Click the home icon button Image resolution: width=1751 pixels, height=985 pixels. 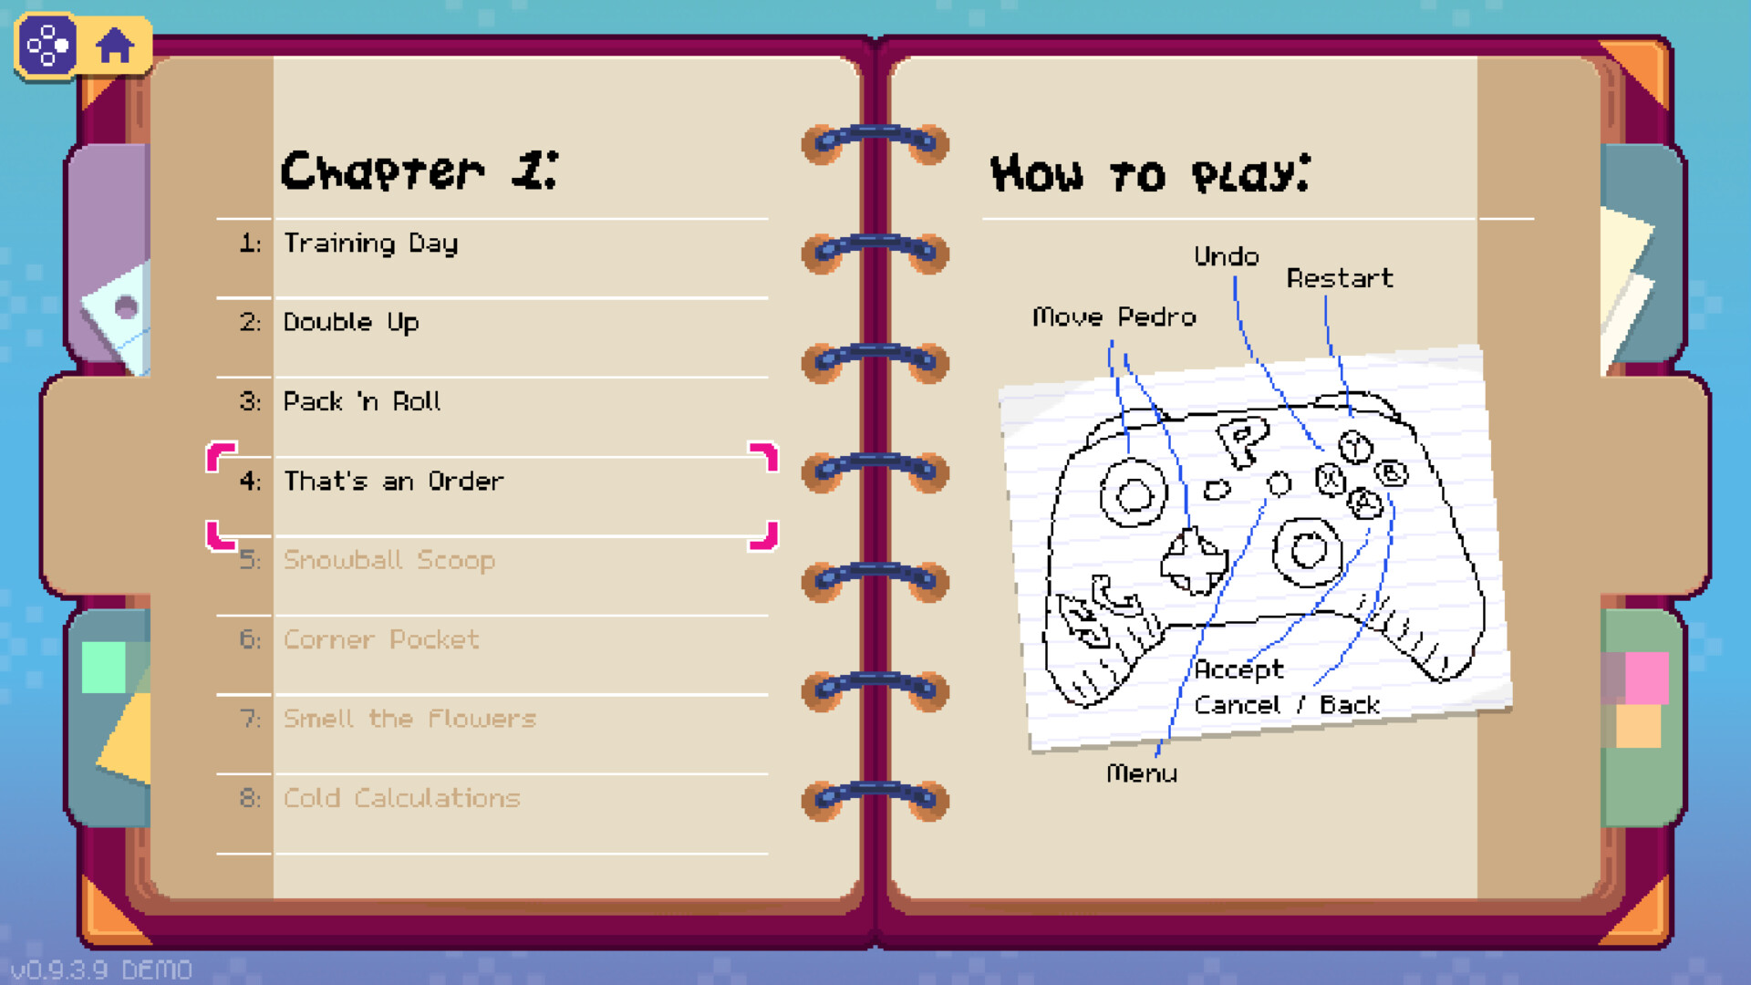click(115, 45)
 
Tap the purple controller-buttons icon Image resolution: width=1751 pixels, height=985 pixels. click(47, 45)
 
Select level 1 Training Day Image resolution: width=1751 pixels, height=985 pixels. click(370, 244)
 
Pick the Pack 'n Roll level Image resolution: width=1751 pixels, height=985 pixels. click(362, 401)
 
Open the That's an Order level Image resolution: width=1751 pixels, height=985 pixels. click(393, 481)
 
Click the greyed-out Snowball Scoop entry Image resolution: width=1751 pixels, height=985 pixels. click(389, 560)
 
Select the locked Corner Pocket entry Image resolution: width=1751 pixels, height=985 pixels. click(381, 639)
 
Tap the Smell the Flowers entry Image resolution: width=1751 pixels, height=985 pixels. click(409, 719)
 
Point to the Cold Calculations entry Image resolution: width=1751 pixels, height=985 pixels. click(401, 798)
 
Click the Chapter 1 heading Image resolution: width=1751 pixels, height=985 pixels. click(420, 171)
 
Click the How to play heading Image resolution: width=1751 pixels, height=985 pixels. click(1151, 173)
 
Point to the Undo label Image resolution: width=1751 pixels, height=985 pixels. click(1227, 256)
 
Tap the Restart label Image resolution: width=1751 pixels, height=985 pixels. click(1340, 278)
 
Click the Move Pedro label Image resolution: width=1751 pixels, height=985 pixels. click(1114, 316)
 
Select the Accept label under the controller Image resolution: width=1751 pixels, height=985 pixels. click(1239, 670)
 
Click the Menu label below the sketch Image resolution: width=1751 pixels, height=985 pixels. click(1142, 773)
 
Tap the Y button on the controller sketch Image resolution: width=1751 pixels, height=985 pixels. click(1355, 447)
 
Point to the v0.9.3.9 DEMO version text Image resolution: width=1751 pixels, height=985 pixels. click(101, 969)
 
